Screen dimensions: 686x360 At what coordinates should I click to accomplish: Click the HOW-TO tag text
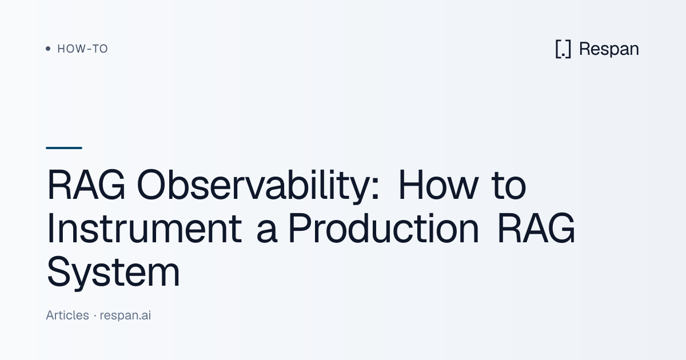(x=82, y=49)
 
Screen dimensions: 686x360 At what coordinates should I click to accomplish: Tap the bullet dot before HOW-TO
(x=48, y=49)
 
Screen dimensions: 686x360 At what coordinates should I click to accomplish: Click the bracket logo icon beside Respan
(x=563, y=49)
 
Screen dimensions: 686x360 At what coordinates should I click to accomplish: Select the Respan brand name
(x=609, y=49)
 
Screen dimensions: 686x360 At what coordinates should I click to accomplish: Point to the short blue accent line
(x=64, y=148)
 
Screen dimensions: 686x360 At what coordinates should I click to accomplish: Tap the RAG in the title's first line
(x=86, y=185)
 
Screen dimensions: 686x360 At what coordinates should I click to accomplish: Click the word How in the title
(x=438, y=185)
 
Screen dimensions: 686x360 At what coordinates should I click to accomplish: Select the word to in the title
(x=509, y=186)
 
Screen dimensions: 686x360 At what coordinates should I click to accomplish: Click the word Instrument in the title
(x=144, y=228)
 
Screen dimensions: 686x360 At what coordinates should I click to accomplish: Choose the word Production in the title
(x=384, y=228)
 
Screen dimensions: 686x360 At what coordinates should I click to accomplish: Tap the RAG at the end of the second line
(x=536, y=228)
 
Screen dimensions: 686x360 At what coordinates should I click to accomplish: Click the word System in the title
(x=113, y=272)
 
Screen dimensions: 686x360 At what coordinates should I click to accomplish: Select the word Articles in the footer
(x=67, y=315)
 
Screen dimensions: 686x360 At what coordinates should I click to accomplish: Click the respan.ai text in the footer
(x=125, y=315)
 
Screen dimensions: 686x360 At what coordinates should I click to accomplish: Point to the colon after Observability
(x=375, y=190)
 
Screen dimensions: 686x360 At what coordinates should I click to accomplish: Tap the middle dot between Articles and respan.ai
(x=95, y=315)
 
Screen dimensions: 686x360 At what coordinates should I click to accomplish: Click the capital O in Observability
(x=151, y=185)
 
